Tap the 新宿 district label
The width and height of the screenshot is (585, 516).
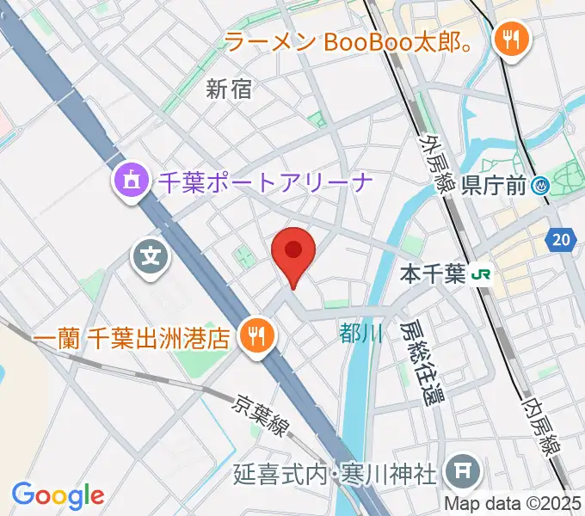click(x=230, y=88)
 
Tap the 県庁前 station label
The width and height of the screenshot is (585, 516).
click(x=496, y=184)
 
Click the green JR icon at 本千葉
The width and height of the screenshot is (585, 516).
click(x=480, y=275)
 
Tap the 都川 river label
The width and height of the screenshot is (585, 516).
click(x=360, y=334)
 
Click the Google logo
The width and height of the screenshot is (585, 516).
click(x=58, y=496)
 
